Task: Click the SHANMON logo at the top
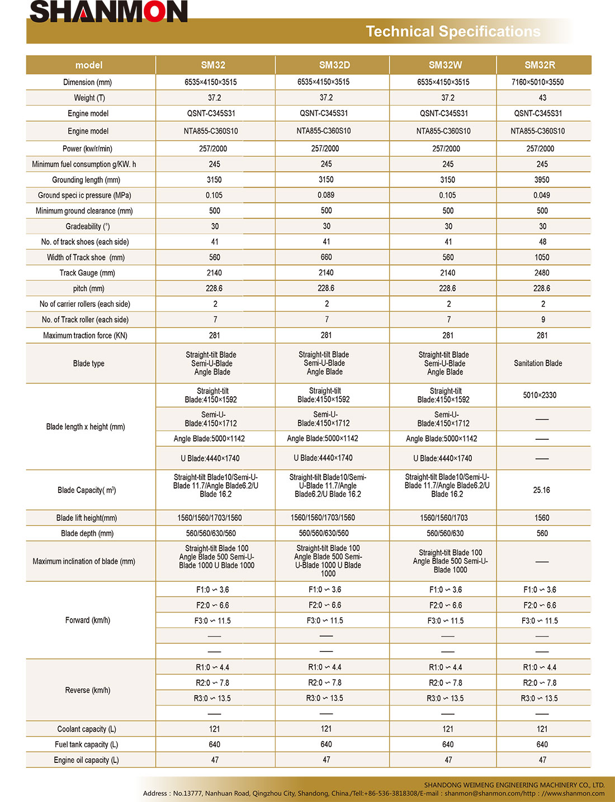tap(108, 12)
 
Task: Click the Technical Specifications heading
tap(453, 31)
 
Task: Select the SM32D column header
tap(334, 65)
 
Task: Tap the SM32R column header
tap(540, 65)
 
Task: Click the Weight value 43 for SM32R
tap(542, 98)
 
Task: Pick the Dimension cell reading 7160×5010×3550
tap(537, 82)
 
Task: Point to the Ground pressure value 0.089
tap(326, 195)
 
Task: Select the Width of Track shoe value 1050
tap(542, 257)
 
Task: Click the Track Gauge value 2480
tap(542, 273)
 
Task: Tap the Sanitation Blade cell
tap(538, 363)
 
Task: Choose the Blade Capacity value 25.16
tap(541, 490)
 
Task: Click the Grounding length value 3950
tap(542, 180)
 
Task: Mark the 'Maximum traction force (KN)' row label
tap(85, 335)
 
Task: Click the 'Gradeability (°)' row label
tap(88, 226)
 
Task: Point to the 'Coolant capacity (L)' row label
tap(87, 729)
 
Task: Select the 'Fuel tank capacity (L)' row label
tap(86, 744)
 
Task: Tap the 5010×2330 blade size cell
tap(540, 395)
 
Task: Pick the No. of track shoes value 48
tap(542, 242)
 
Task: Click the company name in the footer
tap(514, 785)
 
